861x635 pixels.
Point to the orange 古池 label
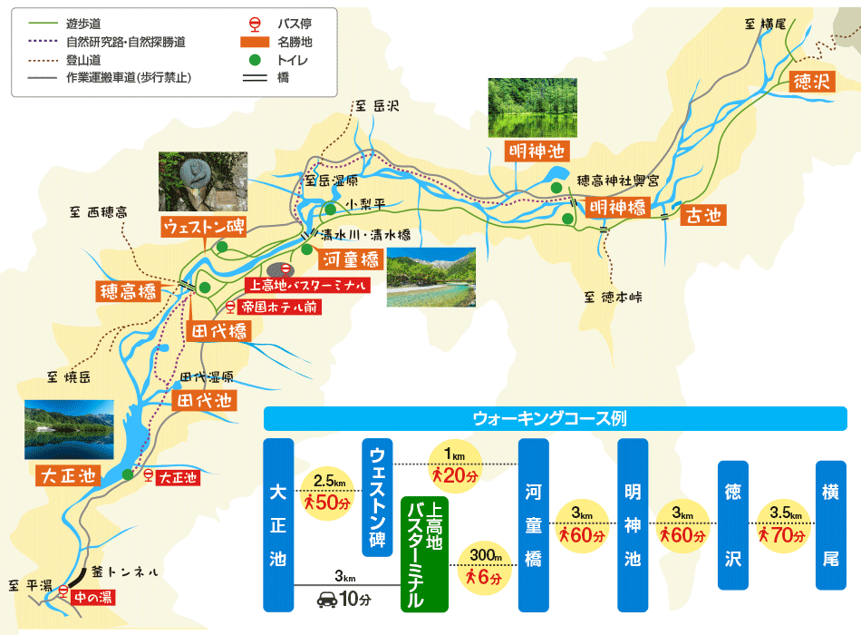[703, 215]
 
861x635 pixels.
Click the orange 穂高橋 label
[128, 292]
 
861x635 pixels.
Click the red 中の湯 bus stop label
[93, 597]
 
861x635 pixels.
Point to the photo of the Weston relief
[202, 181]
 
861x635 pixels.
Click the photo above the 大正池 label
[70, 430]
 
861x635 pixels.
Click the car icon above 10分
[326, 599]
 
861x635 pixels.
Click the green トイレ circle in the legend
[255, 60]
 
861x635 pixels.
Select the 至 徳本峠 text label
[613, 297]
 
